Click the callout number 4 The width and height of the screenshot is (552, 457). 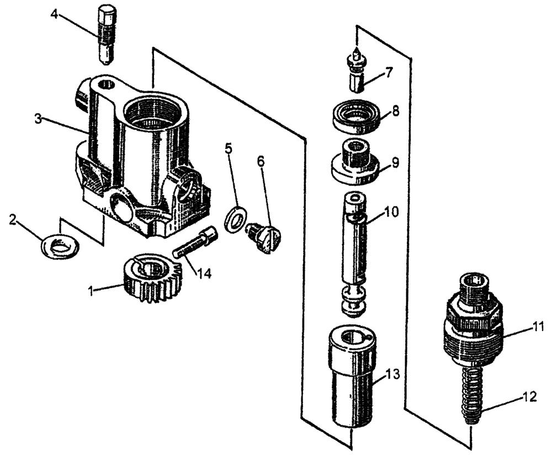pyautogui.click(x=54, y=13)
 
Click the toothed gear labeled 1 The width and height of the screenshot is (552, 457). pyautogui.click(x=149, y=281)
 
